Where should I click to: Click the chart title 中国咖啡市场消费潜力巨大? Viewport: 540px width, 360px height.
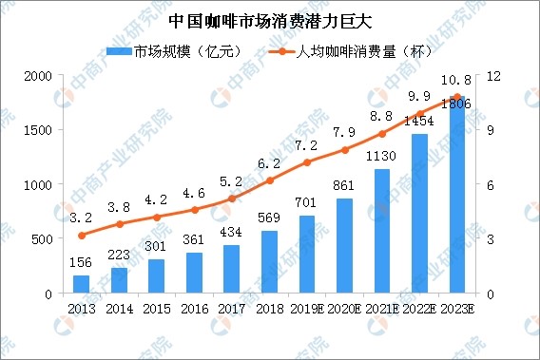point(270,19)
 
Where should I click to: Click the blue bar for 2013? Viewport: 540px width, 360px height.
point(81,284)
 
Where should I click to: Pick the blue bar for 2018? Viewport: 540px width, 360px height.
point(270,262)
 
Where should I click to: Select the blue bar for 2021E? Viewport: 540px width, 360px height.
point(382,231)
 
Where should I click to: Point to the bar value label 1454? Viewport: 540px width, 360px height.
point(419,123)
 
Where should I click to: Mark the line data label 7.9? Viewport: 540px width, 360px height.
point(345,131)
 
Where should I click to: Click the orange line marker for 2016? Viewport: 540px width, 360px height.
point(195,210)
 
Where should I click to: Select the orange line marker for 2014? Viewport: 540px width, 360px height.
point(119,224)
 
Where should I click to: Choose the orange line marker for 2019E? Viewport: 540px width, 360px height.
point(307,162)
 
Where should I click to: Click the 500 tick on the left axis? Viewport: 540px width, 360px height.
point(42,239)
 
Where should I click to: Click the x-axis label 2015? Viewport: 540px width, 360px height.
point(157,310)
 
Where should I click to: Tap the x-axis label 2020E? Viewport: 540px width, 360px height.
point(345,310)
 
